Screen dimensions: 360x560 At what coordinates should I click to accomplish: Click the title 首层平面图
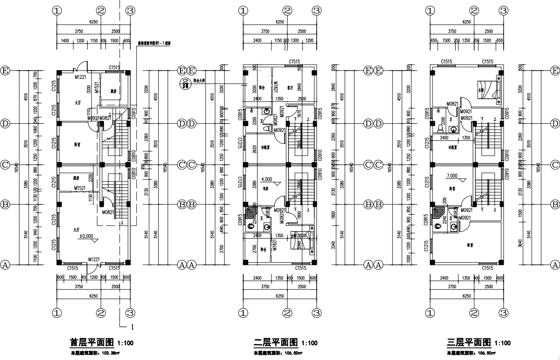point(91,342)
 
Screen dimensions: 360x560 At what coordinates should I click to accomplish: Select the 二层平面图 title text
point(276,342)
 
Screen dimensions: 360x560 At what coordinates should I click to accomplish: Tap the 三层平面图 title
point(469,342)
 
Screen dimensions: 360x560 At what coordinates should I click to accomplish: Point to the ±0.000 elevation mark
point(86,236)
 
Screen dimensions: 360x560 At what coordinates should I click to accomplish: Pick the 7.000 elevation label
point(452,176)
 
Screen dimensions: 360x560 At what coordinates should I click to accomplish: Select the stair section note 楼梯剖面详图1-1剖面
point(154,43)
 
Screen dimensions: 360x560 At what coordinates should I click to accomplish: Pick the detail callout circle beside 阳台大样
point(184,83)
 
